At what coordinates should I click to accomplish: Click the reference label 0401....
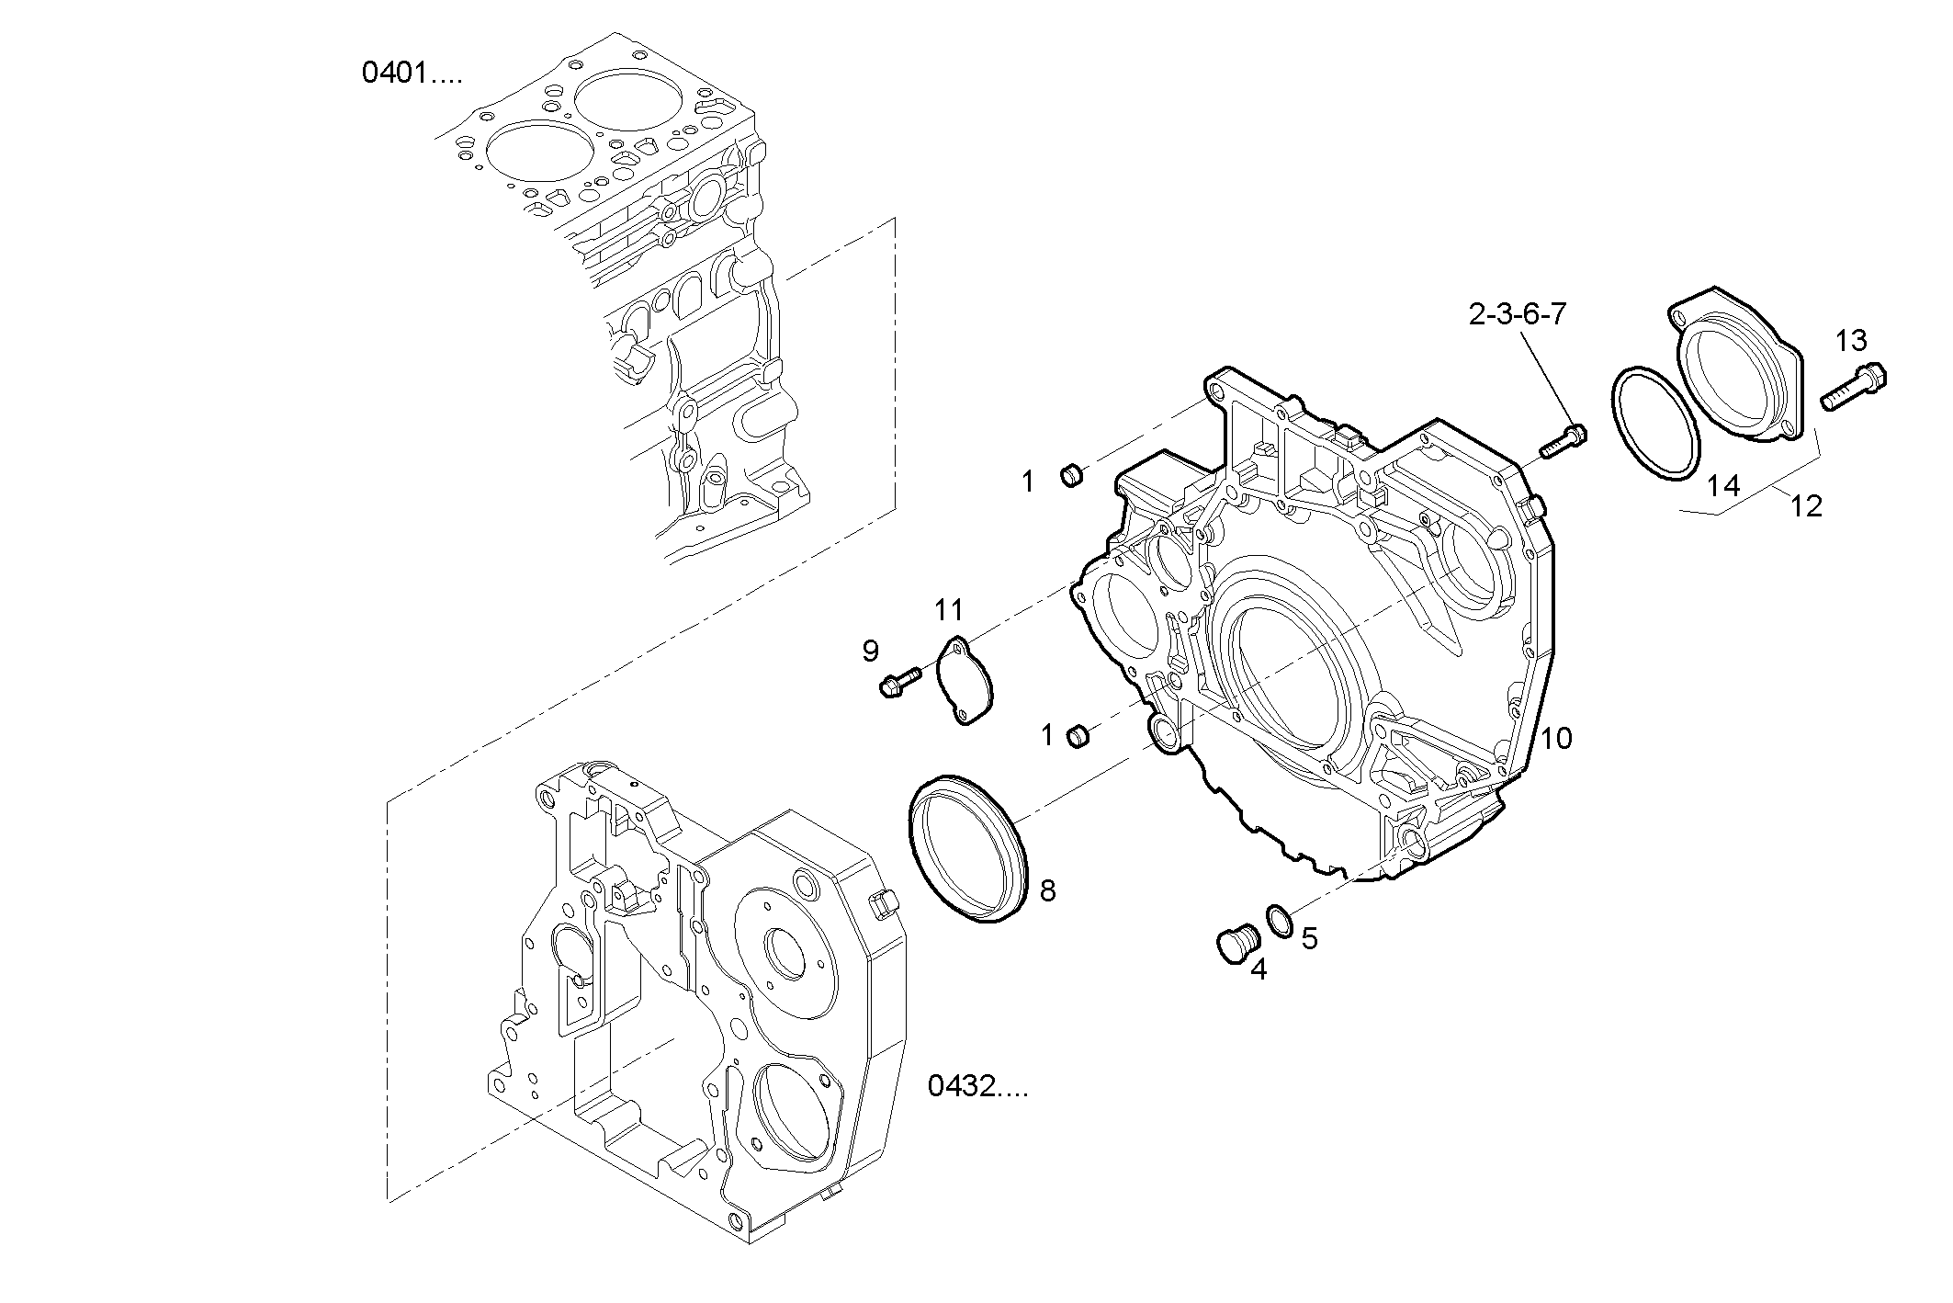pyautogui.click(x=412, y=73)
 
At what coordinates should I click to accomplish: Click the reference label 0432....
pyautogui.click(x=977, y=1087)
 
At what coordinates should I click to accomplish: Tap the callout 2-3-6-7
pyautogui.click(x=1517, y=315)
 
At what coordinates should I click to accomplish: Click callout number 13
pyautogui.click(x=1851, y=341)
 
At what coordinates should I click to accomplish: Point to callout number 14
pyautogui.click(x=1723, y=486)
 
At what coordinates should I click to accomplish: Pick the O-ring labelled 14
pyautogui.click(x=1656, y=424)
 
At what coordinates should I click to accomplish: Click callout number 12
pyautogui.click(x=1806, y=505)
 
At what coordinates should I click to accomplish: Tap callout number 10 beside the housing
pyautogui.click(x=1556, y=738)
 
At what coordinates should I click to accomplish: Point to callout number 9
pyautogui.click(x=870, y=651)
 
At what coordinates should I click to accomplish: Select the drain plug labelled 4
pyautogui.click(x=1229, y=945)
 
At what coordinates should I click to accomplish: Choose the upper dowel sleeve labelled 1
pyautogui.click(x=1071, y=476)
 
